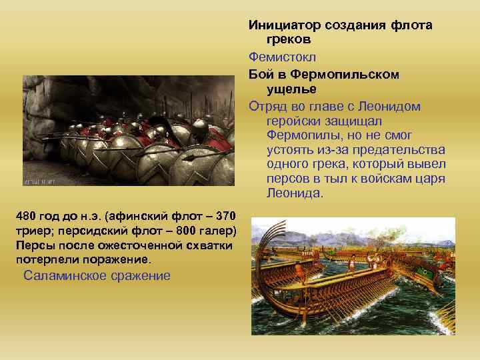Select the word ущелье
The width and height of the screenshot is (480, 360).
pyautogui.click(x=292, y=89)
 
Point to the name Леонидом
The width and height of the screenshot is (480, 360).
pyautogui.click(x=393, y=106)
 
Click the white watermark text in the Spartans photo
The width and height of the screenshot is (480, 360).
pyautogui.click(x=39, y=181)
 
